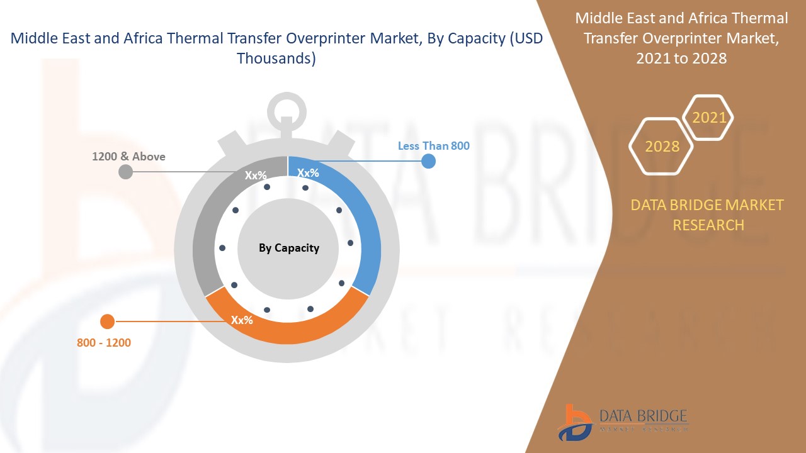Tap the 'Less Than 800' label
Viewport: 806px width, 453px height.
pyautogui.click(x=434, y=145)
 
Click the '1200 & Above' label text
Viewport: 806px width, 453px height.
pyautogui.click(x=128, y=157)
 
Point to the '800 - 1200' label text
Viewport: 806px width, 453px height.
pyautogui.click(x=104, y=343)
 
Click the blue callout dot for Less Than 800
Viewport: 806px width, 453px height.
pyautogui.click(x=428, y=161)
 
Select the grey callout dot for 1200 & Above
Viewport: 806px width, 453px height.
pyautogui.click(x=125, y=172)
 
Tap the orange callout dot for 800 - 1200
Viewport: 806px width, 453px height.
pyautogui.click(x=107, y=322)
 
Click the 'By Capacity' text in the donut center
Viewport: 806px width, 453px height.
pyautogui.click(x=289, y=248)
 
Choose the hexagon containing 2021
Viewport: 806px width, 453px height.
pyautogui.click(x=708, y=117)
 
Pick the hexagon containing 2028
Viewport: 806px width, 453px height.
pyautogui.click(x=661, y=147)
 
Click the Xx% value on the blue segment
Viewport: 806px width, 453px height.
pyautogui.click(x=308, y=173)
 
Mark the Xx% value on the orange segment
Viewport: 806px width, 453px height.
pyautogui.click(x=242, y=320)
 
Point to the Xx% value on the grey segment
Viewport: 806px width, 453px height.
pyautogui.click(x=256, y=175)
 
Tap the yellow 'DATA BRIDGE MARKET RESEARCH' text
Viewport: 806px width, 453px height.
pyautogui.click(x=707, y=215)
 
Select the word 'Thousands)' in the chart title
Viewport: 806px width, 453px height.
pyautogui.click(x=276, y=59)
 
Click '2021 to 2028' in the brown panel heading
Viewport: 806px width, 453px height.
pyautogui.click(x=681, y=59)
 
